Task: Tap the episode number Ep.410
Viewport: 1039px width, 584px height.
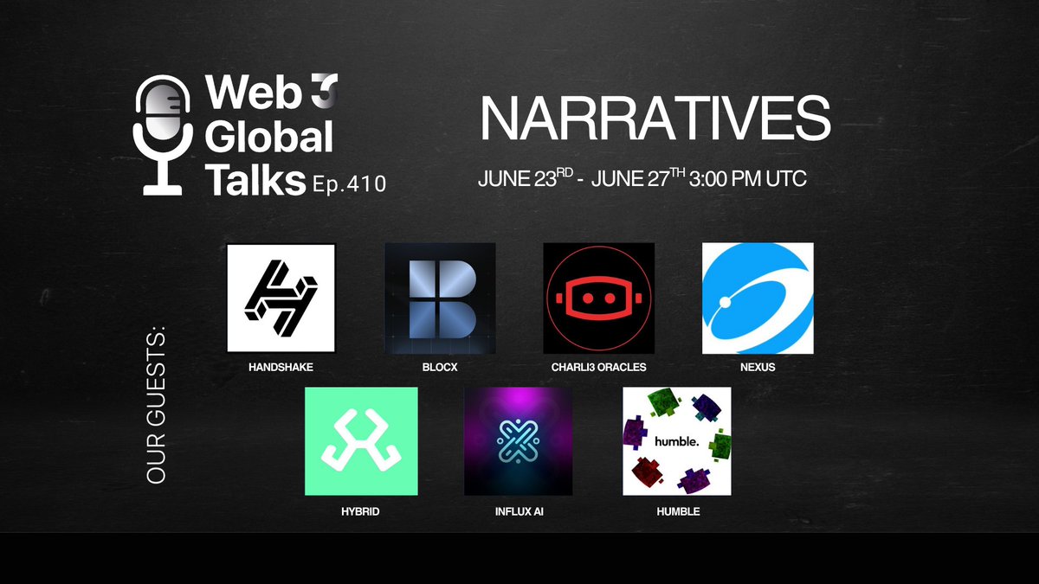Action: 350,183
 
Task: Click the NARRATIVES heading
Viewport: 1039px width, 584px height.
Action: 655,119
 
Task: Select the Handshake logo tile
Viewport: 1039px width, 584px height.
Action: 281,298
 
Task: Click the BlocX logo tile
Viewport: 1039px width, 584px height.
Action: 440,298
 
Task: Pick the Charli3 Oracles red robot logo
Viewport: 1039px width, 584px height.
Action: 598,298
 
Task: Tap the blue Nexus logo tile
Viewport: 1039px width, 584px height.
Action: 758,298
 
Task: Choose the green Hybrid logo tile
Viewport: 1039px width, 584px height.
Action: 361,441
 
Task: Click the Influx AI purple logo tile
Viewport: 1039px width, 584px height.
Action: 519,441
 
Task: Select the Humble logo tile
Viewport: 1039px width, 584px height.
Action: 677,441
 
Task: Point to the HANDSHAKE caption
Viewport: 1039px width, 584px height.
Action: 280,368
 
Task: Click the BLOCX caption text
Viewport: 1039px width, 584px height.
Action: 440,368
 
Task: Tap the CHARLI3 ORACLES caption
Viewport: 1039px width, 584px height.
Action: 598,368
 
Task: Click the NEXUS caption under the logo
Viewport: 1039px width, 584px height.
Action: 757,368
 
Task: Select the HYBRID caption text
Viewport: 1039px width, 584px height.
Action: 360,511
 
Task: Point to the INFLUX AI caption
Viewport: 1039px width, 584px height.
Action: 519,511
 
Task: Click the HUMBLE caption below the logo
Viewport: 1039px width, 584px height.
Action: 677,511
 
